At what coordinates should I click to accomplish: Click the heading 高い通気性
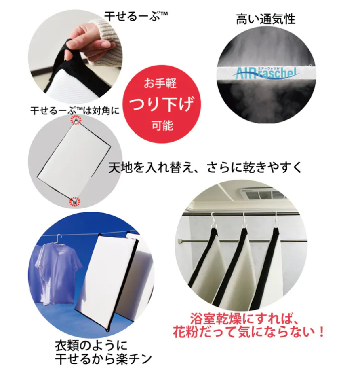(265, 19)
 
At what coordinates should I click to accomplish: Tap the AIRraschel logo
(266, 73)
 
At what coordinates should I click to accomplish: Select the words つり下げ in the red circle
(162, 104)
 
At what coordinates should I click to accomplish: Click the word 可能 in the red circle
(162, 125)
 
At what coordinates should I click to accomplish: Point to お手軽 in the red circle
(160, 83)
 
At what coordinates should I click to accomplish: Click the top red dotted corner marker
(76, 120)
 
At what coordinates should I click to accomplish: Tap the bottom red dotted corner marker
(75, 202)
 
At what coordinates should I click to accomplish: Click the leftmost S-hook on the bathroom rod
(215, 220)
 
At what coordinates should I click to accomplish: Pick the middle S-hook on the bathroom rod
(244, 220)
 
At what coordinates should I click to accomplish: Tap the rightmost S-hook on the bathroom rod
(275, 220)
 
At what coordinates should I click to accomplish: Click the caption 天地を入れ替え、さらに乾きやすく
(205, 167)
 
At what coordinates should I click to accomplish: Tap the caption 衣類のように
(91, 346)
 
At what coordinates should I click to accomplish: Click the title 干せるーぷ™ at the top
(136, 16)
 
